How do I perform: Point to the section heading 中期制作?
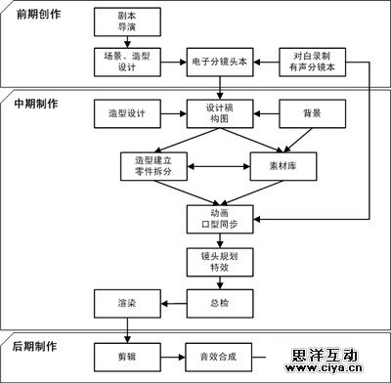coord(35,104)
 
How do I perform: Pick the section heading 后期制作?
coord(35,347)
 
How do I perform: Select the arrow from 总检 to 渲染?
coord(173,303)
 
